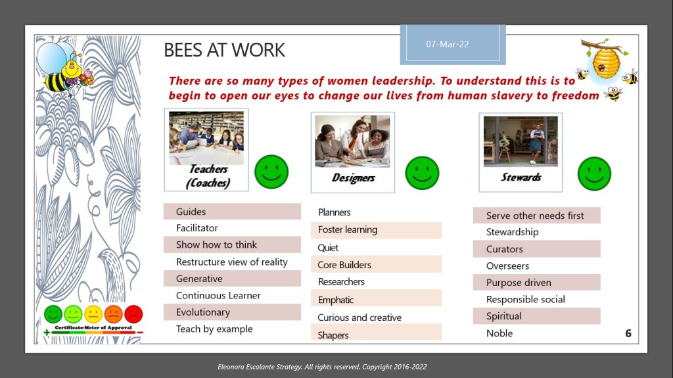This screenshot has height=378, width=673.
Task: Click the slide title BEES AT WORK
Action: coord(224,50)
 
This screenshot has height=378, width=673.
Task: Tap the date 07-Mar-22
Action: coord(447,44)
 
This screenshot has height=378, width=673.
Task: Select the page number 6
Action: coord(628,333)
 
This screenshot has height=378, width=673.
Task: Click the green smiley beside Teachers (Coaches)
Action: coord(271,172)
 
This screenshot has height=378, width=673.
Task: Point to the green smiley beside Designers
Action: coord(422,173)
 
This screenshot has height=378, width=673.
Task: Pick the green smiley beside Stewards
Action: coord(594,174)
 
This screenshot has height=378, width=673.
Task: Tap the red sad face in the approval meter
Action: coord(133,314)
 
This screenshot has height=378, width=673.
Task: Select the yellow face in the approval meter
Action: coord(93,314)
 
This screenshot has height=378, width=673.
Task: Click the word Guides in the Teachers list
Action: coord(191,212)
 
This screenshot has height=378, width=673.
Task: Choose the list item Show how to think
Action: coord(216,245)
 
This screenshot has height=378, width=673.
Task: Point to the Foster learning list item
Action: coord(348,230)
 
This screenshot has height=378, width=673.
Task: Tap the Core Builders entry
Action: coord(344,265)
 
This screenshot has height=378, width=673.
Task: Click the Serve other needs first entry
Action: coord(535,216)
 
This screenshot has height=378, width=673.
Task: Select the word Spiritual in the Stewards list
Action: coord(504,317)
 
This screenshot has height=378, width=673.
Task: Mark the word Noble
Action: coord(499,333)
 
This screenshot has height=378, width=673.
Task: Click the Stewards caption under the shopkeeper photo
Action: coord(521,177)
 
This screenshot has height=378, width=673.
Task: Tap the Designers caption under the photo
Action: coord(353,178)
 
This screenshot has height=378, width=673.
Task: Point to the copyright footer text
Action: coord(322,367)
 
